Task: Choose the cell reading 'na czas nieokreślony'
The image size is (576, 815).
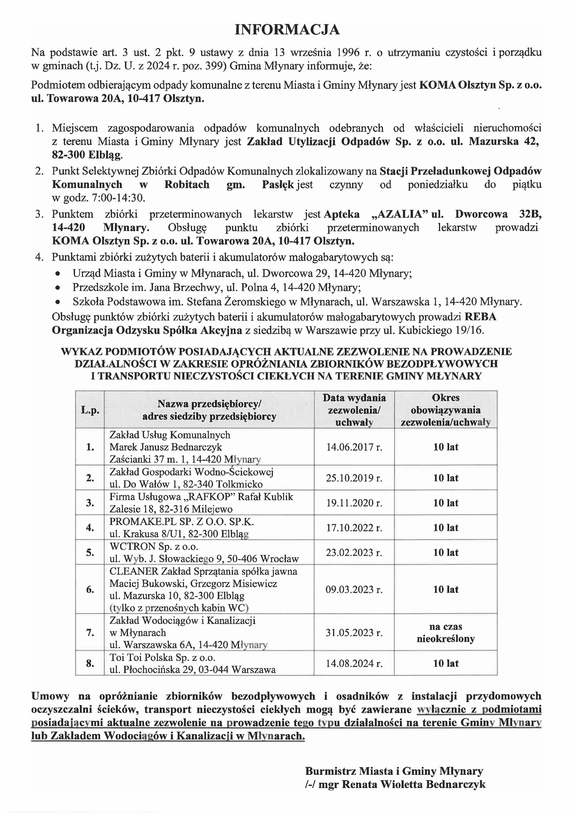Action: click(445, 633)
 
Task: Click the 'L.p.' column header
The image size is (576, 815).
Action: click(90, 410)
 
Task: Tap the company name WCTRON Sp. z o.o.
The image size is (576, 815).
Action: click(154, 546)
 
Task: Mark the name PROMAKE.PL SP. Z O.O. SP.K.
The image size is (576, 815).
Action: click(181, 521)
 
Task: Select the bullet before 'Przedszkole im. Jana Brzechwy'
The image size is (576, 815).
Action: click(58, 288)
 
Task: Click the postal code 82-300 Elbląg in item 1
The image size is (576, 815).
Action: click(87, 155)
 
